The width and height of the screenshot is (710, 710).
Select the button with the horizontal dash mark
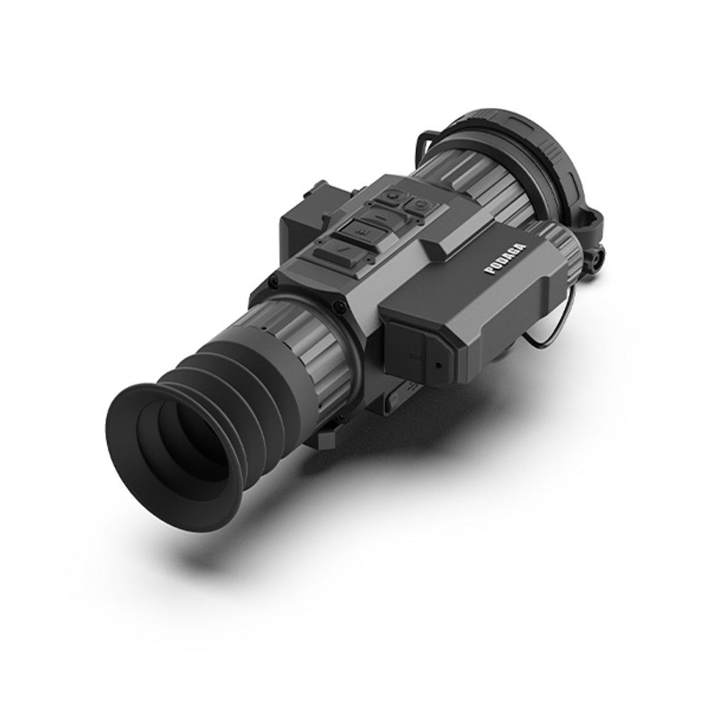pyautogui.click(x=383, y=213)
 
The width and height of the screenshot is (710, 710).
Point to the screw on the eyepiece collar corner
pyautogui.click(x=339, y=306)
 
